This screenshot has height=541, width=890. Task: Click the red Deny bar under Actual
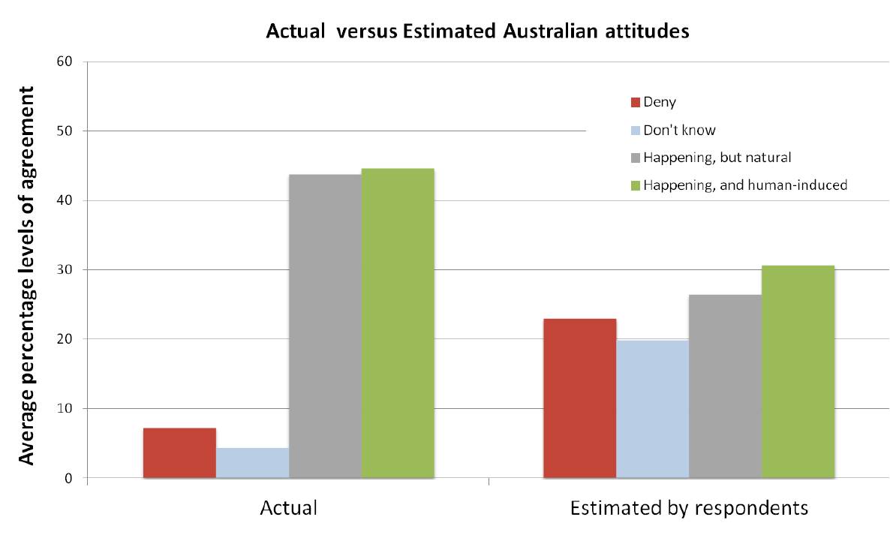pyautogui.click(x=179, y=452)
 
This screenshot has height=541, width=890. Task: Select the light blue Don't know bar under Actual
pyautogui.click(x=252, y=463)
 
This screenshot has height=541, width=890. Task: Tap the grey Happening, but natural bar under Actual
pyautogui.click(x=325, y=326)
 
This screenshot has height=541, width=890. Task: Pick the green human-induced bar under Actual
pyautogui.click(x=398, y=323)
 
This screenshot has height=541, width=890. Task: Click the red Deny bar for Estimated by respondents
pyautogui.click(x=579, y=398)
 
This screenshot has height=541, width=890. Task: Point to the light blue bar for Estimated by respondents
pyautogui.click(x=652, y=409)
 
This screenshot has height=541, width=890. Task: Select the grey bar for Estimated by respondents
pyautogui.click(x=725, y=386)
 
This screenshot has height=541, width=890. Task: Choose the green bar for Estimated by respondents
pyautogui.click(x=798, y=371)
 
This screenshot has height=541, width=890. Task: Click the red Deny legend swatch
pyautogui.click(x=635, y=102)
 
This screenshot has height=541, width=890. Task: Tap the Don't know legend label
pyautogui.click(x=679, y=130)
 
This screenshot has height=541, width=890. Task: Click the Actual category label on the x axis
pyautogui.click(x=288, y=508)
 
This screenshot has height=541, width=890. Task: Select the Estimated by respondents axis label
pyautogui.click(x=689, y=508)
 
